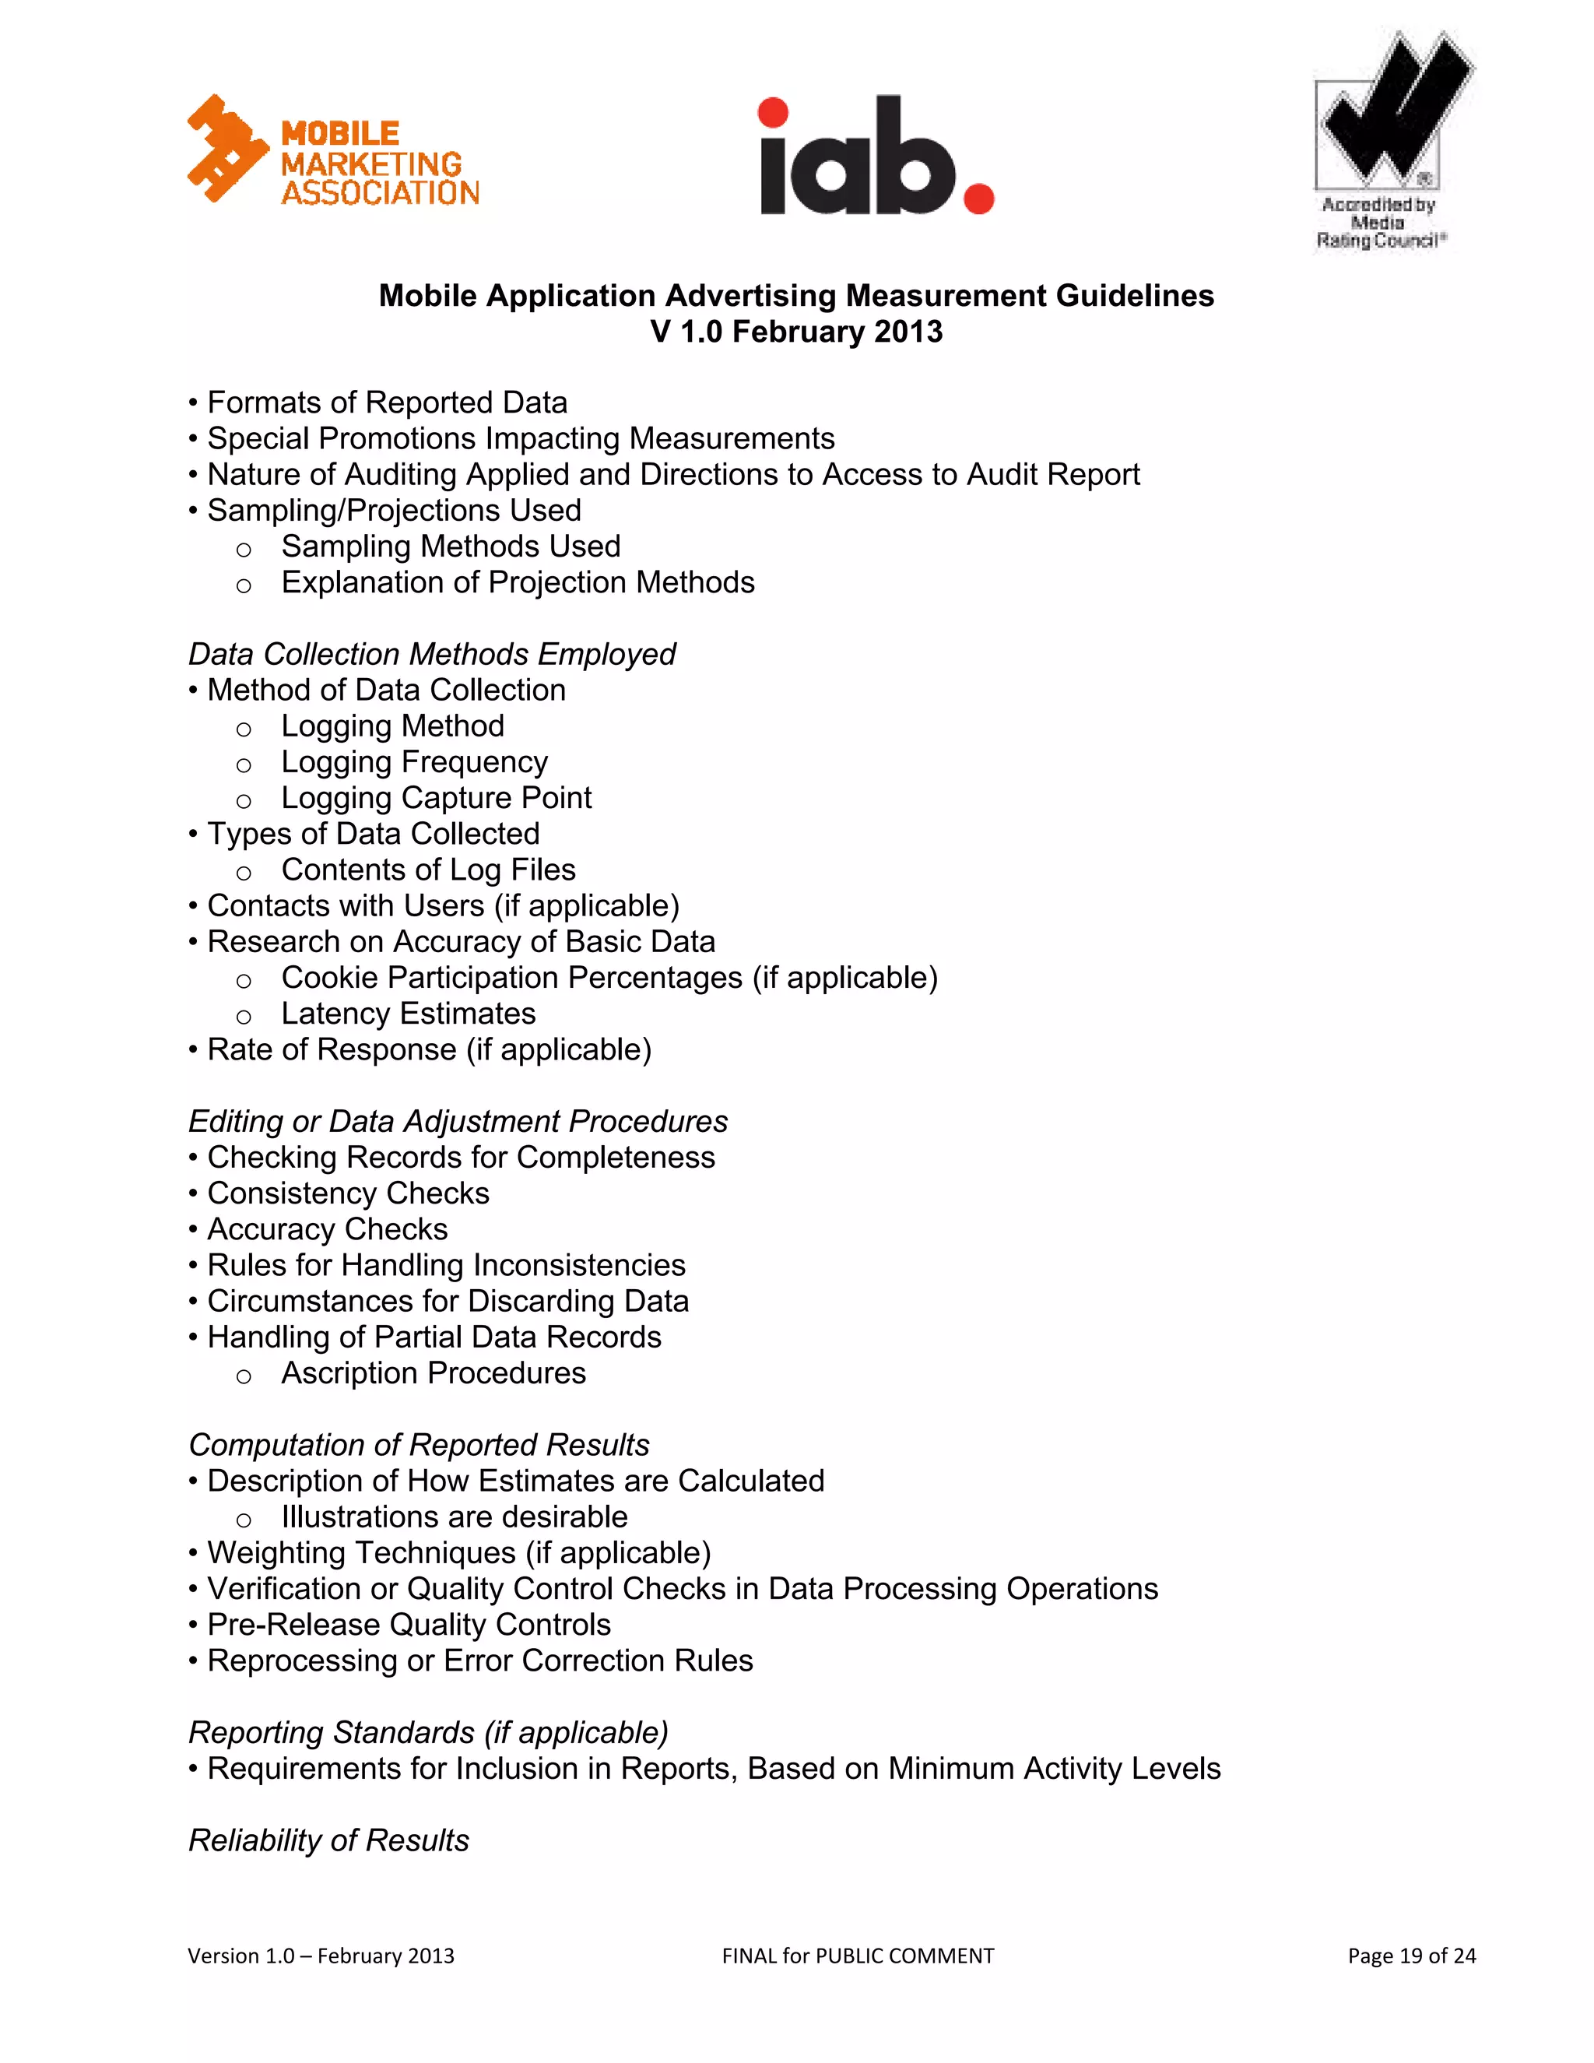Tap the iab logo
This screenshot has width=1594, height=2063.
click(876, 156)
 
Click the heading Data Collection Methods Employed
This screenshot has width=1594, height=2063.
click(431, 654)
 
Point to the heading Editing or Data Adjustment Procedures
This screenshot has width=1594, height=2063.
click(458, 1121)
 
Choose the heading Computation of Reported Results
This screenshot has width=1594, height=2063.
click(418, 1444)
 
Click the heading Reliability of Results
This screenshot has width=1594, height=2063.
click(328, 1840)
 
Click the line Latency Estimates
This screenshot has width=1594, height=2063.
click(408, 1014)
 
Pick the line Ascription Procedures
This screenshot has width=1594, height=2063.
click(434, 1372)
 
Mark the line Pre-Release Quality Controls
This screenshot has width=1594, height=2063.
click(409, 1625)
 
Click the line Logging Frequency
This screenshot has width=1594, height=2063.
click(415, 761)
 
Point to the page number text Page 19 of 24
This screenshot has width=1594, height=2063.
click(1411, 1956)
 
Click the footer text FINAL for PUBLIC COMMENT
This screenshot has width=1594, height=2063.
click(858, 1956)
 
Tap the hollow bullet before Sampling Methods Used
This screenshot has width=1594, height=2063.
click(244, 549)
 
